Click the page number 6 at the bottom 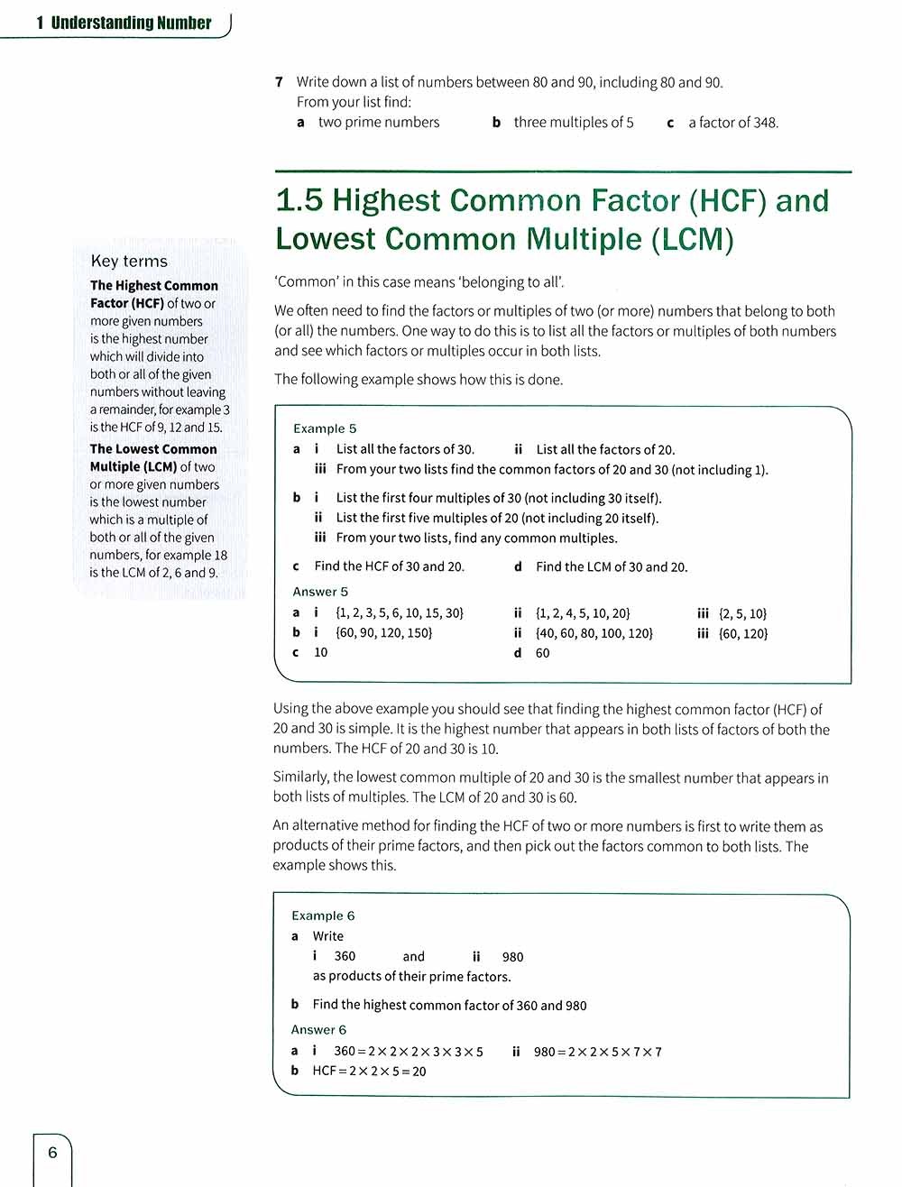(x=52, y=1152)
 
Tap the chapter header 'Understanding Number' (x=131, y=23)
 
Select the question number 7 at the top (x=280, y=82)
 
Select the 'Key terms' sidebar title (x=129, y=262)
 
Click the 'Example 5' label (x=325, y=428)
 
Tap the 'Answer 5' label (x=320, y=592)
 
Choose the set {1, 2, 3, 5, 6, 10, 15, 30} (x=400, y=613)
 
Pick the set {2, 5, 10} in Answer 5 (x=743, y=613)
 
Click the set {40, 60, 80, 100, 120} (x=594, y=633)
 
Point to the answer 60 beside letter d (x=542, y=653)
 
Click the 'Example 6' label (x=323, y=916)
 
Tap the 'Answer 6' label (x=318, y=1029)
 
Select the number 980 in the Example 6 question (x=512, y=957)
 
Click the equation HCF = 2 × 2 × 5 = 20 (x=369, y=1071)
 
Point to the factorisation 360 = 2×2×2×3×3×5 (x=409, y=1051)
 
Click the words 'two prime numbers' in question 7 (x=379, y=123)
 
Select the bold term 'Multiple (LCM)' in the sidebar (x=133, y=466)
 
